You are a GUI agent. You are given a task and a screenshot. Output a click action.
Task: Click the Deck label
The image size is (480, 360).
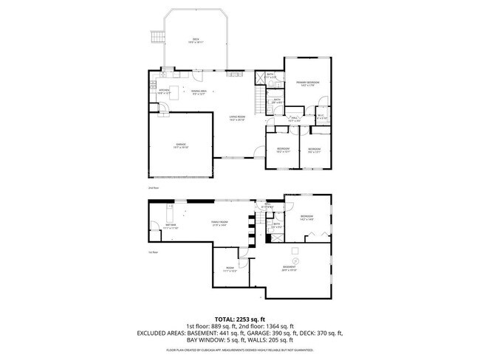coord(196,40)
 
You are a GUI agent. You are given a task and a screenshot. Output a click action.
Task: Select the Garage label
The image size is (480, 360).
coord(180,145)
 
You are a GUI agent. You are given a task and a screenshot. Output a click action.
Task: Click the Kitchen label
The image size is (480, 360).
coord(165,92)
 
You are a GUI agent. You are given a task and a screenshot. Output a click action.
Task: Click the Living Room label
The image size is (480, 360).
coord(236,118)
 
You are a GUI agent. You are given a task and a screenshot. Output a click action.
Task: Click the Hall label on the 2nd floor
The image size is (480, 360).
coord(293,118)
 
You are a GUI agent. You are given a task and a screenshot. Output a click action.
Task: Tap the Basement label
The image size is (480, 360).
coord(289,268)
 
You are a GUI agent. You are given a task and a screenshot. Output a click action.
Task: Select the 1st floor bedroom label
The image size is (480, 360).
coord(307,218)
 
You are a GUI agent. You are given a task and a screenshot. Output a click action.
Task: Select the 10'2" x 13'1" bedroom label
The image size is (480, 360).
coord(283,150)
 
